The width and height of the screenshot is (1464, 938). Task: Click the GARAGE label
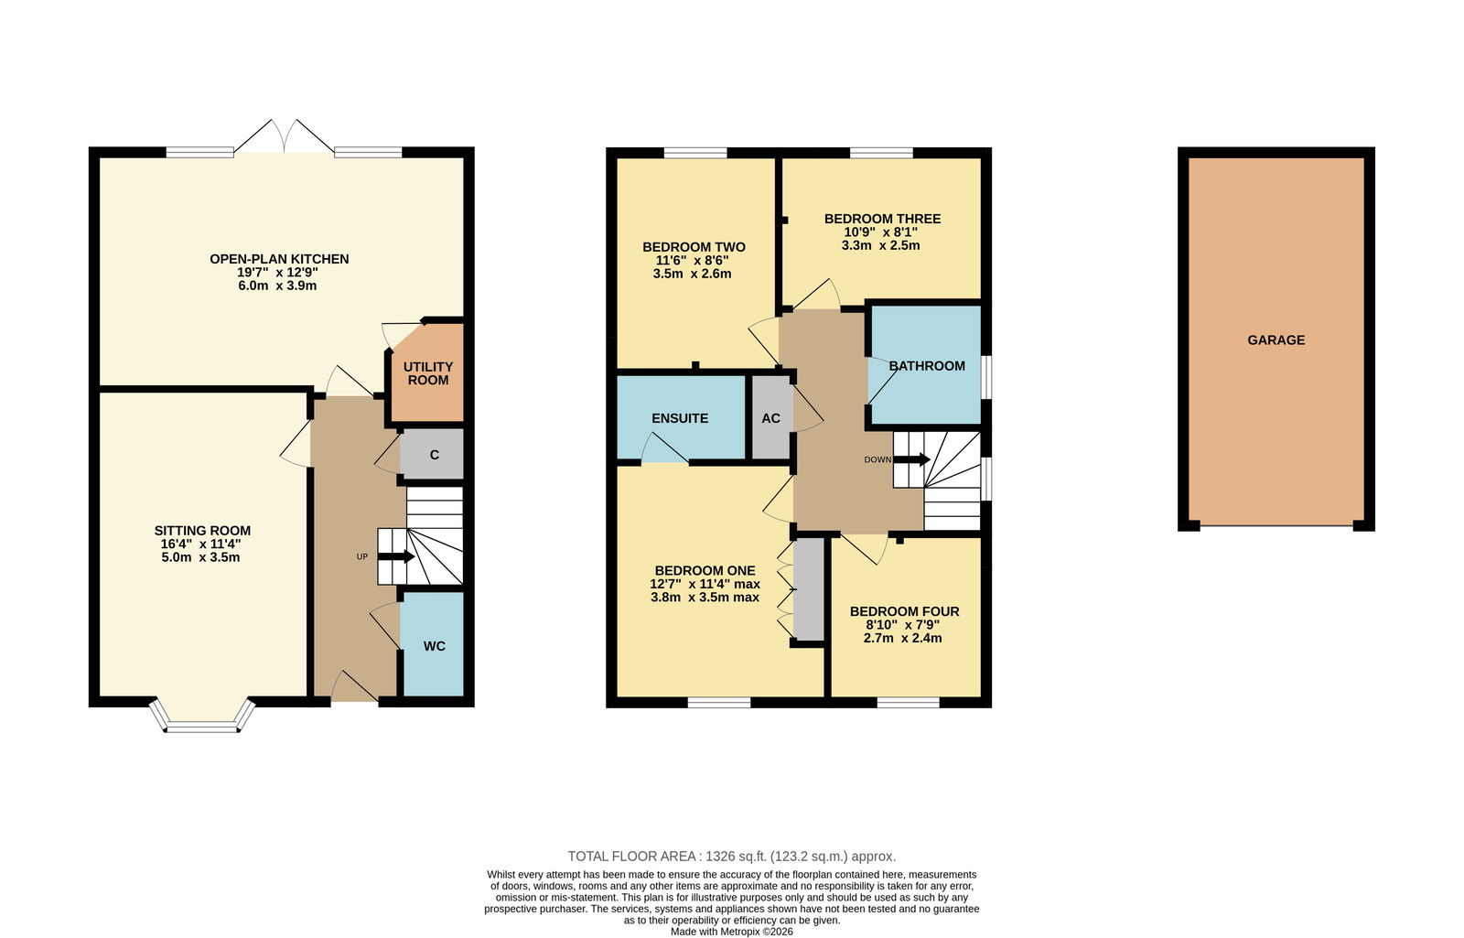[x=1276, y=340]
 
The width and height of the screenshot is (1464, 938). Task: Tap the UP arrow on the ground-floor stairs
[x=396, y=557]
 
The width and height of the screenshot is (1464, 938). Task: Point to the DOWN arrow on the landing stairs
[x=911, y=459]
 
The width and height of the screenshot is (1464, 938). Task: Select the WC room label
[x=435, y=646]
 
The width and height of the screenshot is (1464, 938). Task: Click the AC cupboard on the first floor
[x=771, y=418]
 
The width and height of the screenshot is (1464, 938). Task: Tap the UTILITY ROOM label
[x=428, y=373]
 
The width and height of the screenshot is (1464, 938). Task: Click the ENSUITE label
[x=680, y=418]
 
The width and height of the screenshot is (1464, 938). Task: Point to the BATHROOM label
[x=927, y=366]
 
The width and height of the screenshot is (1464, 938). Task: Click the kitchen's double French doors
[x=284, y=136]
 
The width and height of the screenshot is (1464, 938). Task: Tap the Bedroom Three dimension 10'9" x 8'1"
[x=881, y=232]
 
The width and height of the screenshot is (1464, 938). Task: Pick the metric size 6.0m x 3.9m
[x=278, y=286]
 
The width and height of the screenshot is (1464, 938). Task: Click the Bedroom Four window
[x=908, y=703]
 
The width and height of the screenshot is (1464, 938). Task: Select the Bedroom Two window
[x=695, y=152]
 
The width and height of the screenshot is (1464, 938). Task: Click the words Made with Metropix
[x=716, y=932]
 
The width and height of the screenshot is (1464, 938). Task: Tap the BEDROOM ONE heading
[x=705, y=571]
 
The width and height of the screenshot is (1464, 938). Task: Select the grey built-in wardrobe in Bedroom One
[x=809, y=588]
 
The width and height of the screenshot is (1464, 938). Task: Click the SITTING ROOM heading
[x=202, y=531]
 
